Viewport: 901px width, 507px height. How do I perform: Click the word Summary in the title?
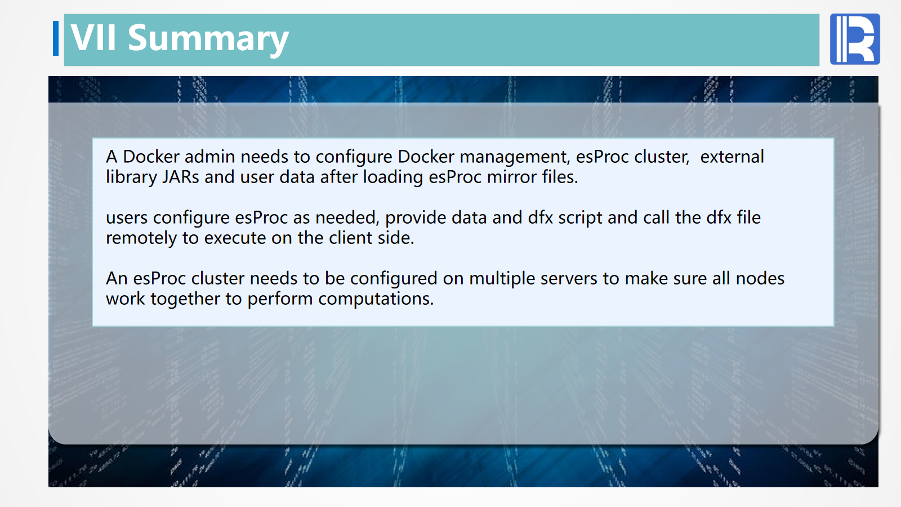tap(208, 39)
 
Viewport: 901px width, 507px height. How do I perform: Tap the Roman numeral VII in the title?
tap(94, 37)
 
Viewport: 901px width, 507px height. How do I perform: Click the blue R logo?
tap(855, 39)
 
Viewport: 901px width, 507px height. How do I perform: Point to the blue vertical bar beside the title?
tap(56, 38)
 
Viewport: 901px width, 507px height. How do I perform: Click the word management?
tap(515, 158)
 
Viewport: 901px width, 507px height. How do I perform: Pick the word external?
tap(732, 157)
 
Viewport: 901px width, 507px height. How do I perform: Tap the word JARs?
tap(181, 177)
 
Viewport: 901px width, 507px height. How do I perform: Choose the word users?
tap(127, 218)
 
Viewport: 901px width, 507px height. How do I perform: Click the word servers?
tap(569, 279)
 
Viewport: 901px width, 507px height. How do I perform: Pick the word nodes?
tap(760, 278)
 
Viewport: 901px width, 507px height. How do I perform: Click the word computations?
tap(376, 300)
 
